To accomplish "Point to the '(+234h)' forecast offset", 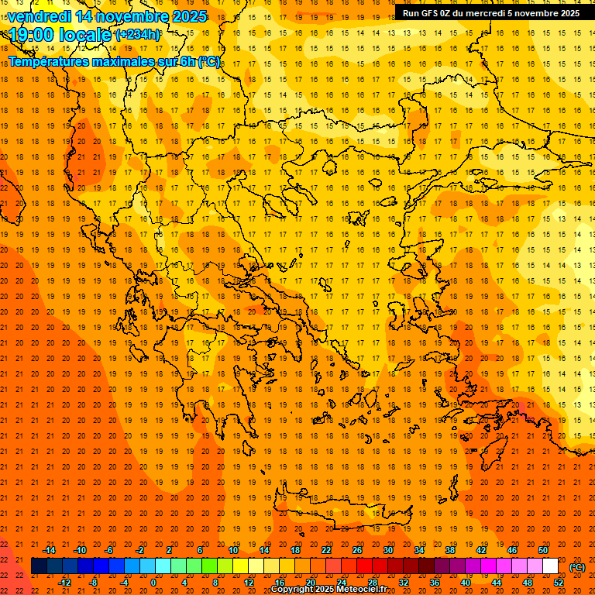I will pos(138,34).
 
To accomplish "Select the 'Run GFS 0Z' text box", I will pos(491,13).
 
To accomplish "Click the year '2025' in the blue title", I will pos(188,16).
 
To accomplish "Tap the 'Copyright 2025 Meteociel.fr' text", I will pos(328,590).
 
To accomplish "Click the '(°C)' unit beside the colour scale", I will pos(577,567).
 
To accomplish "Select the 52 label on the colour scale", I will pos(559,583).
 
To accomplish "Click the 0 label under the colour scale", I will pos(153,583).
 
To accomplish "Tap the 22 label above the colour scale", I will pos(326,550).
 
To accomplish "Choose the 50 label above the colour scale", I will pos(543,550).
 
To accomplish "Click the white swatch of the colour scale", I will pos(550,566).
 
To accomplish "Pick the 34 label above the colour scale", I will pos(419,550).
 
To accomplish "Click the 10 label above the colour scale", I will pos(233,550).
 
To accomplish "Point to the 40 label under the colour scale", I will pos(466,583).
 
